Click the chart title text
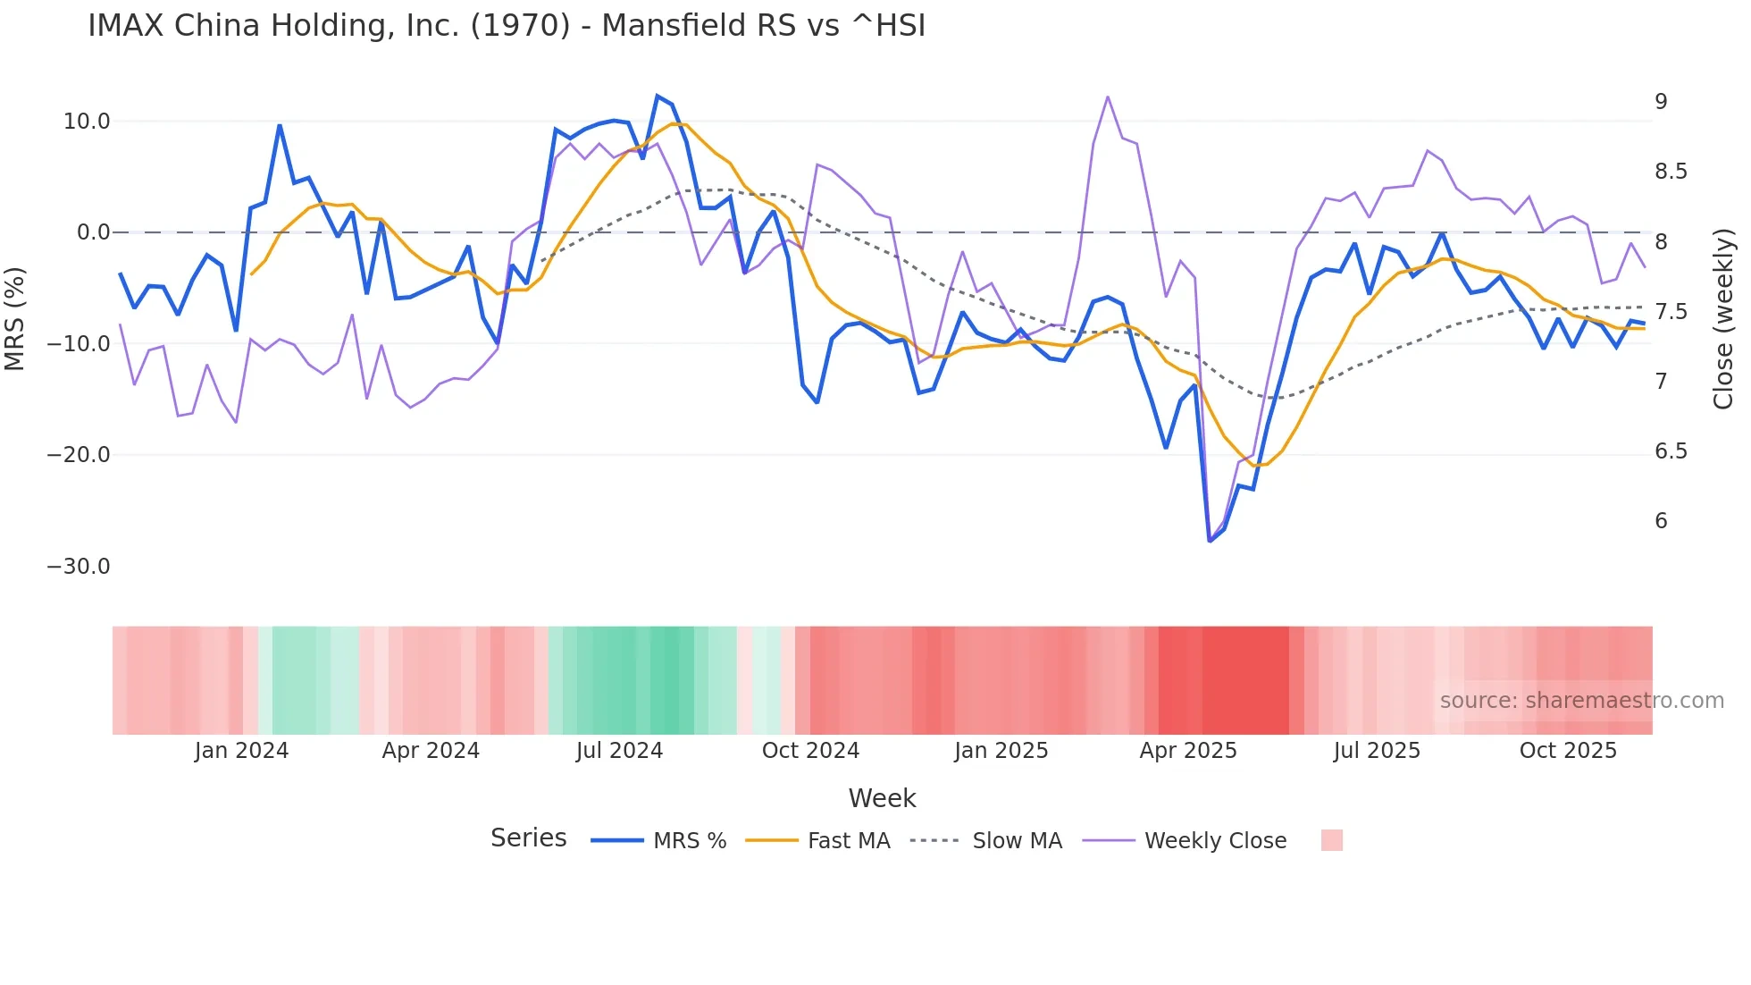tap(506, 26)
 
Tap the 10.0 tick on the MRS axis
tap(87, 122)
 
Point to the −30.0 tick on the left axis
tap(79, 567)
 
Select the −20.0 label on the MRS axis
tap(79, 455)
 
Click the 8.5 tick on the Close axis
tap(1671, 172)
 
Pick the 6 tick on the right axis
tap(1661, 521)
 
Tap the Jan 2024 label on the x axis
tap(241, 751)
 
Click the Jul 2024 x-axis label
tap(619, 751)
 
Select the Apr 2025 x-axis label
tap(1188, 751)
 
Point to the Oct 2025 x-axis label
tap(1568, 751)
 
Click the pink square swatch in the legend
tap(1331, 840)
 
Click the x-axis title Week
tap(882, 798)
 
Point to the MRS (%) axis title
tap(15, 318)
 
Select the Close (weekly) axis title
tap(1723, 318)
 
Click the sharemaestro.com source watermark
tap(1581, 701)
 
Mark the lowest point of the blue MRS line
tap(1210, 541)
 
